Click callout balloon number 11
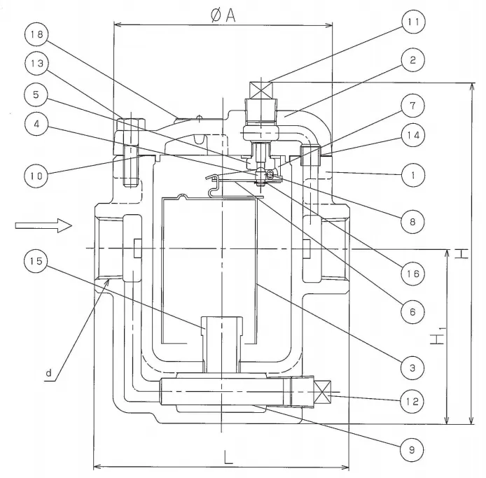coord(413,22)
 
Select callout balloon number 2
coord(413,60)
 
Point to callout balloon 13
coord(36,63)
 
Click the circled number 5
coord(36,92)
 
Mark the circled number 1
coord(413,175)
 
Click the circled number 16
coord(413,272)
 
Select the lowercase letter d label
coord(50,374)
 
